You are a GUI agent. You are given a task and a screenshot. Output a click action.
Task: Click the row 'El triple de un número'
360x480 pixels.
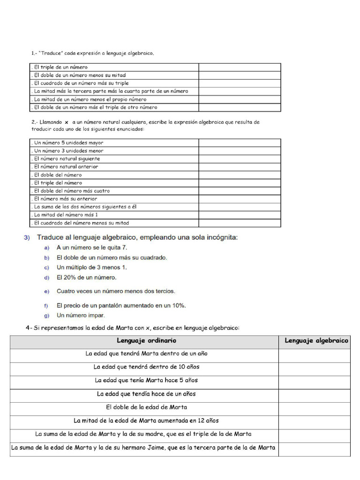coord(61,67)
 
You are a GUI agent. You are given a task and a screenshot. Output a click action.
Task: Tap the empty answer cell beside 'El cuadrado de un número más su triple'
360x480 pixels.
coord(240,83)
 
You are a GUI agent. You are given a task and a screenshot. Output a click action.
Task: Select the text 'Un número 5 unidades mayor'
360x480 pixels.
coord(68,142)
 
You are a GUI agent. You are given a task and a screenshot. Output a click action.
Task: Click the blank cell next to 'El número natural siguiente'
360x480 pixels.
coord(240,159)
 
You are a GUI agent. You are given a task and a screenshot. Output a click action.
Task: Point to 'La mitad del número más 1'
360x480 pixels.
coord(66,215)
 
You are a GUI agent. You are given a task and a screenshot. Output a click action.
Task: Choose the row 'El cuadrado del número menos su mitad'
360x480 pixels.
coord(81,223)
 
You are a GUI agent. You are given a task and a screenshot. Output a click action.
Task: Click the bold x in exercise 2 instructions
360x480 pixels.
coord(67,122)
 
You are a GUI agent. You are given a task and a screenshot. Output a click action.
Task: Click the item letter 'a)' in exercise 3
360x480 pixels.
coord(46,248)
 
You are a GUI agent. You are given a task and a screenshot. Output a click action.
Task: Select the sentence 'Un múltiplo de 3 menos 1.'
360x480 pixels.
coord(91,268)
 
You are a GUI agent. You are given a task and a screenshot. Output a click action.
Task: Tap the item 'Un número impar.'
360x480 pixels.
coord(81,315)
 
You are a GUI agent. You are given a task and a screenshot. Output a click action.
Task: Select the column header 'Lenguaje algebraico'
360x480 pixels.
coord(316,341)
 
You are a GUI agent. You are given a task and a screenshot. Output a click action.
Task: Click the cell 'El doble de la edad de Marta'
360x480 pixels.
coord(146,407)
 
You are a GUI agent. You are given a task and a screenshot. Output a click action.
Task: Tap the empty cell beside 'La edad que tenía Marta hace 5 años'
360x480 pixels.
coord(314,381)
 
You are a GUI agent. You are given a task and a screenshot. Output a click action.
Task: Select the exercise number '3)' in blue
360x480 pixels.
coord(27,238)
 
